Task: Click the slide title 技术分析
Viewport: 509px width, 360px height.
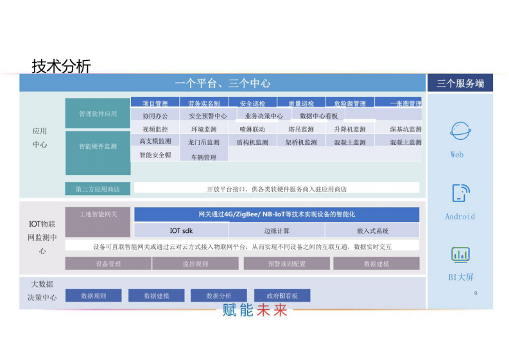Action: [61, 66]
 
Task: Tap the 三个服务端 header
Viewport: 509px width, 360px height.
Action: [460, 83]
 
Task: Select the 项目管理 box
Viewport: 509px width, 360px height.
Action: [155, 103]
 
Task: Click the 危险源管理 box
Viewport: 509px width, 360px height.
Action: [350, 103]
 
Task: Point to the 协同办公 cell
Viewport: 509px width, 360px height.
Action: [155, 116]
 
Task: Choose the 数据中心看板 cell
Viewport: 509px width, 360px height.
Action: [319, 116]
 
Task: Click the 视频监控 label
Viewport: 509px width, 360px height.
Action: [155, 130]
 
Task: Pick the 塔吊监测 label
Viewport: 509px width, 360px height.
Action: [300, 130]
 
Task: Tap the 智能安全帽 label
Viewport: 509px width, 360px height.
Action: [155, 155]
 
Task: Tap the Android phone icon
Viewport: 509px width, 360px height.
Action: [460, 193]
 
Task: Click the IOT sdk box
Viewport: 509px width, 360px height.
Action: [181, 231]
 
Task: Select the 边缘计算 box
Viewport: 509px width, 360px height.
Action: [277, 231]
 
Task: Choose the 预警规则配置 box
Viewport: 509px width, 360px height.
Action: [286, 264]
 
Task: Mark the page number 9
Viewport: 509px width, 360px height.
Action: [475, 293]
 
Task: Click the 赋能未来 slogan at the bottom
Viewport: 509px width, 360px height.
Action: [255, 311]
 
